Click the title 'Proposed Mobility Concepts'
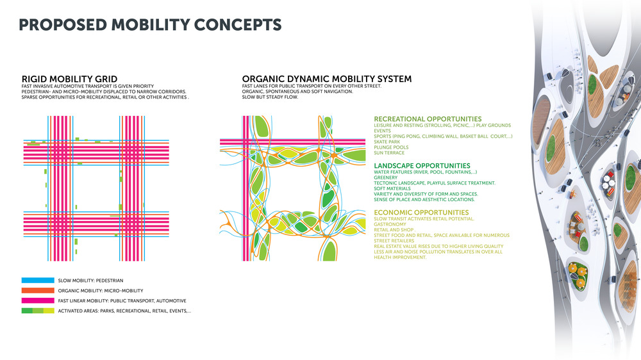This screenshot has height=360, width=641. point(150,24)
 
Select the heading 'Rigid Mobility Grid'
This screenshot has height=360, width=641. point(69,79)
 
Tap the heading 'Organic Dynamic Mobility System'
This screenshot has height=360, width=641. point(327,79)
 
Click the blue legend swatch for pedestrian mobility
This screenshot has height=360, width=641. point(38,281)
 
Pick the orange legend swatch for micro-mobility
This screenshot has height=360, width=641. point(38,291)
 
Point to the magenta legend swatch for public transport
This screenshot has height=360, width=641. point(38,301)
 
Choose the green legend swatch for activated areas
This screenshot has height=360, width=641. point(38,311)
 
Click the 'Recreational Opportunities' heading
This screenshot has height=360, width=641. point(428,119)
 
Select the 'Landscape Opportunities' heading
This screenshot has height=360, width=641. point(422,165)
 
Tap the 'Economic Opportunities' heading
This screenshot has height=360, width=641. point(421,213)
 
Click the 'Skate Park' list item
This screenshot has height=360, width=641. point(387,142)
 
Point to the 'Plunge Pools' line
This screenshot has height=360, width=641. point(391,147)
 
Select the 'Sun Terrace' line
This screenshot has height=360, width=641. point(389,153)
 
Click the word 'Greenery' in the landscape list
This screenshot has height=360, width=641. point(385,177)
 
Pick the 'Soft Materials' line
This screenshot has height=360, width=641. point(392,189)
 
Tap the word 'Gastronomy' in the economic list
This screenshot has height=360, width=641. point(390,224)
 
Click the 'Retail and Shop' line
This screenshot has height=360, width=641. point(394,230)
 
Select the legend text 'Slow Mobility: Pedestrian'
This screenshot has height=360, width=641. point(90,281)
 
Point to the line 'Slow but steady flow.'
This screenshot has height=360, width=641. point(271,97)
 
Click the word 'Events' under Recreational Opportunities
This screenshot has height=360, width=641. point(382,131)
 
